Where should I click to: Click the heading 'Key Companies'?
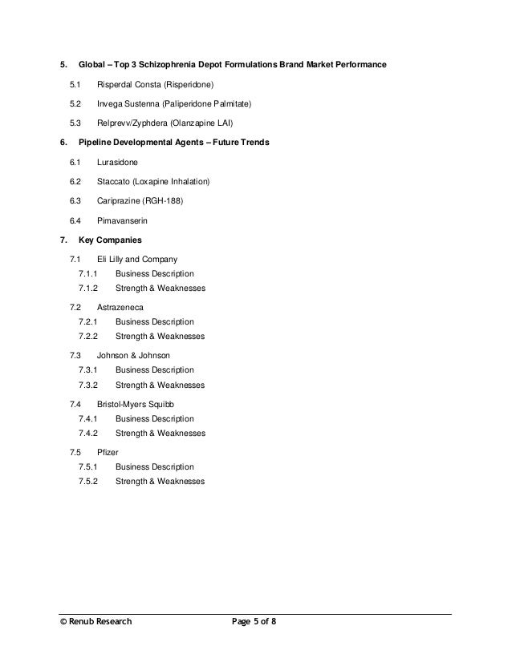tap(111, 240)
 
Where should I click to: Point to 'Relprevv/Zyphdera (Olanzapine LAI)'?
tap(165, 123)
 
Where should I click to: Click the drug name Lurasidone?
tap(117, 162)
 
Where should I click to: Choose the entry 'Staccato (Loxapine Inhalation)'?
tap(153, 181)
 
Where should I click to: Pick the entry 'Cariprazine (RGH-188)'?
tap(140, 201)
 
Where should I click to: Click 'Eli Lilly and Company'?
tap(137, 260)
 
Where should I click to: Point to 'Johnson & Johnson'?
tap(133, 354)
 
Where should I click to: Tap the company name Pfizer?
tap(108, 453)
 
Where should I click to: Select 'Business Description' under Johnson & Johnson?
tap(154, 369)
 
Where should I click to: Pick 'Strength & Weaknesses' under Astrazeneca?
tap(160, 337)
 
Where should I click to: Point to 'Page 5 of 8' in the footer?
tap(252, 621)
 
